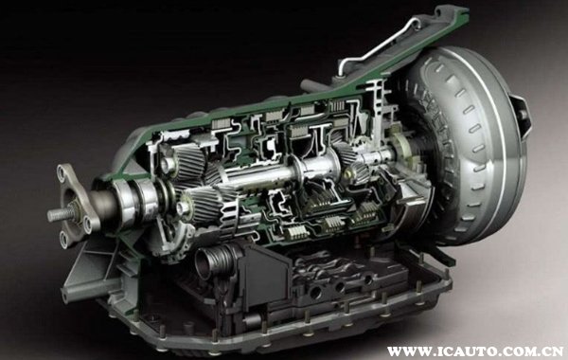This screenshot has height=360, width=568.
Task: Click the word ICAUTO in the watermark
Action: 456,351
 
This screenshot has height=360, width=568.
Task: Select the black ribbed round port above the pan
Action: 214,261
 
